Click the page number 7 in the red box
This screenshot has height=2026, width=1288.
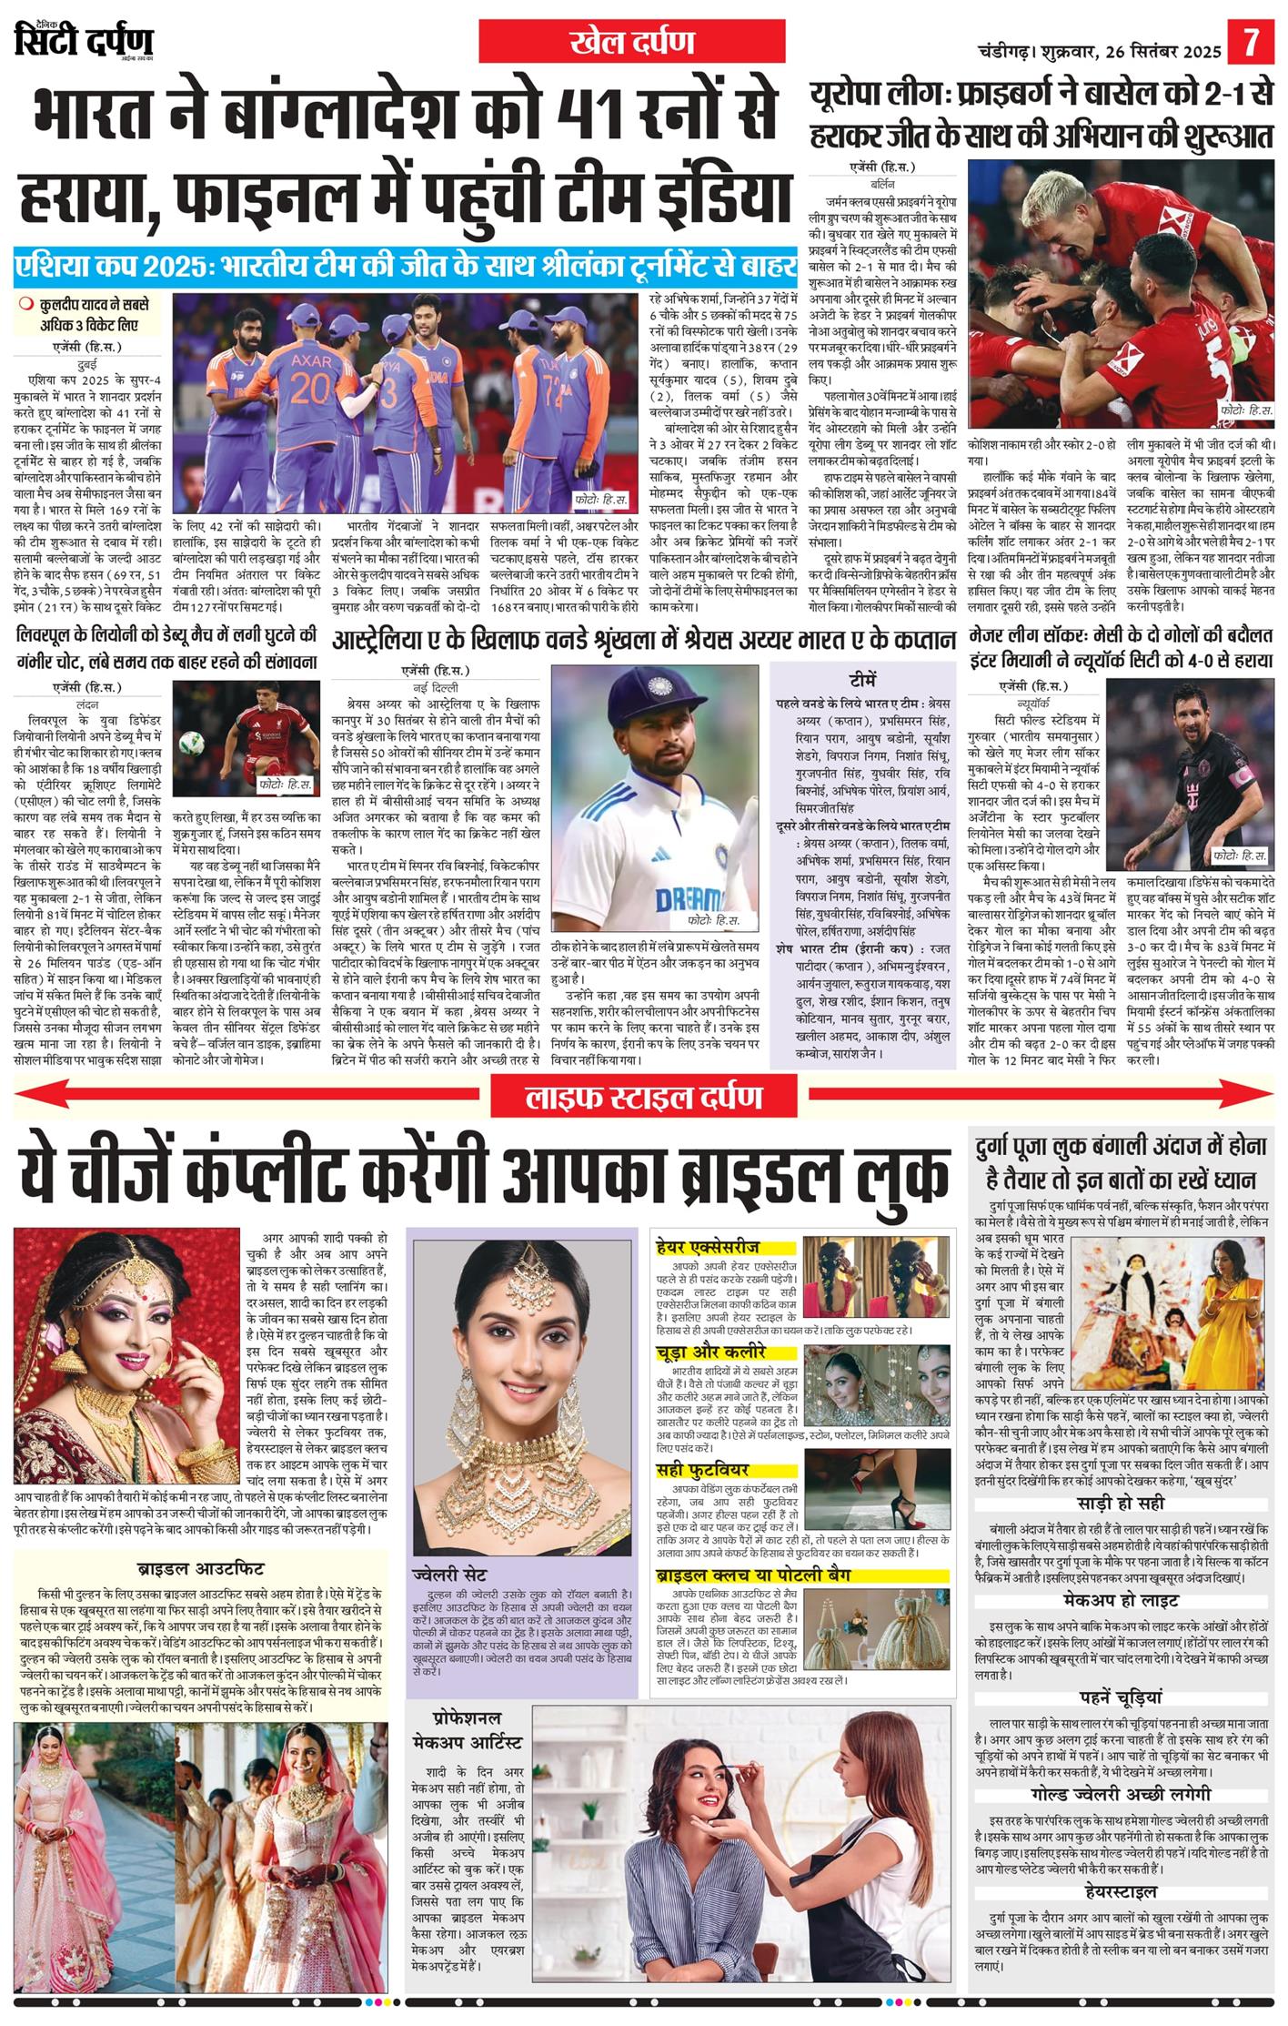click(x=1253, y=43)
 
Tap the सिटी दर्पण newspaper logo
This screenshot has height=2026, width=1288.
click(x=85, y=41)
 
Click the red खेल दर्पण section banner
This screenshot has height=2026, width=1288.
click(x=631, y=42)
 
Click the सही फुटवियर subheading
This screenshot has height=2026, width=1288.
click(x=702, y=1470)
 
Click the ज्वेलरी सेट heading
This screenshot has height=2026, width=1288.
click(x=449, y=1575)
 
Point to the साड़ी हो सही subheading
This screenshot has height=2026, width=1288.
click(x=1120, y=1502)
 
